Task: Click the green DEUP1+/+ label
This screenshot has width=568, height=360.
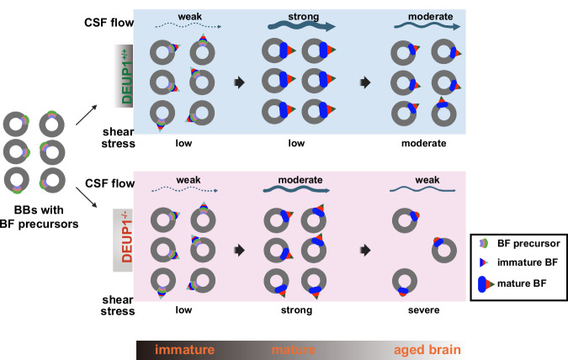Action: click(x=126, y=77)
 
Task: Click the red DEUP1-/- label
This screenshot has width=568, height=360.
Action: click(x=126, y=238)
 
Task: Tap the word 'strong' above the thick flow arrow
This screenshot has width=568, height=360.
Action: click(x=304, y=17)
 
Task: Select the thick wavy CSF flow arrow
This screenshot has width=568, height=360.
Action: click(x=301, y=26)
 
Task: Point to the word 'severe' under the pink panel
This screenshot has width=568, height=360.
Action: click(x=424, y=310)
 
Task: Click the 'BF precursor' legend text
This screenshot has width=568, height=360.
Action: click(x=528, y=243)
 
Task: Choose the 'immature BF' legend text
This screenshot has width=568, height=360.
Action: click(x=528, y=262)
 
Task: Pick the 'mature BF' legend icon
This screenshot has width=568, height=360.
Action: click(x=486, y=284)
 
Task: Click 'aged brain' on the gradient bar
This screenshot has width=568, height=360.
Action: click(x=427, y=350)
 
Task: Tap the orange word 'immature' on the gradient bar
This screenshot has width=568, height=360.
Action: click(x=185, y=350)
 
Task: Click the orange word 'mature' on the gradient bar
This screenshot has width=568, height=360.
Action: click(x=294, y=350)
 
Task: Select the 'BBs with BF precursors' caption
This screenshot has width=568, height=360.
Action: click(x=39, y=217)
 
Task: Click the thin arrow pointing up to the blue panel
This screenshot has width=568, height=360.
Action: click(x=86, y=114)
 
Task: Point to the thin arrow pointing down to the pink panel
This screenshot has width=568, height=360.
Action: click(x=86, y=198)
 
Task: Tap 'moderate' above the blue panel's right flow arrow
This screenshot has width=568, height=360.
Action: click(x=430, y=17)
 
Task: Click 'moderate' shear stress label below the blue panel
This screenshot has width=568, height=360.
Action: click(x=424, y=144)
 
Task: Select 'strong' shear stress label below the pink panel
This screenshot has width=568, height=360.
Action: click(x=297, y=310)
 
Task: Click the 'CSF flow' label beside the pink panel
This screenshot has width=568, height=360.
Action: click(x=109, y=183)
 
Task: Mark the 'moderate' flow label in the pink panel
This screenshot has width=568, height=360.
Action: click(x=300, y=180)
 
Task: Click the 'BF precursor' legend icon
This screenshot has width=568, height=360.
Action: click(x=484, y=243)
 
